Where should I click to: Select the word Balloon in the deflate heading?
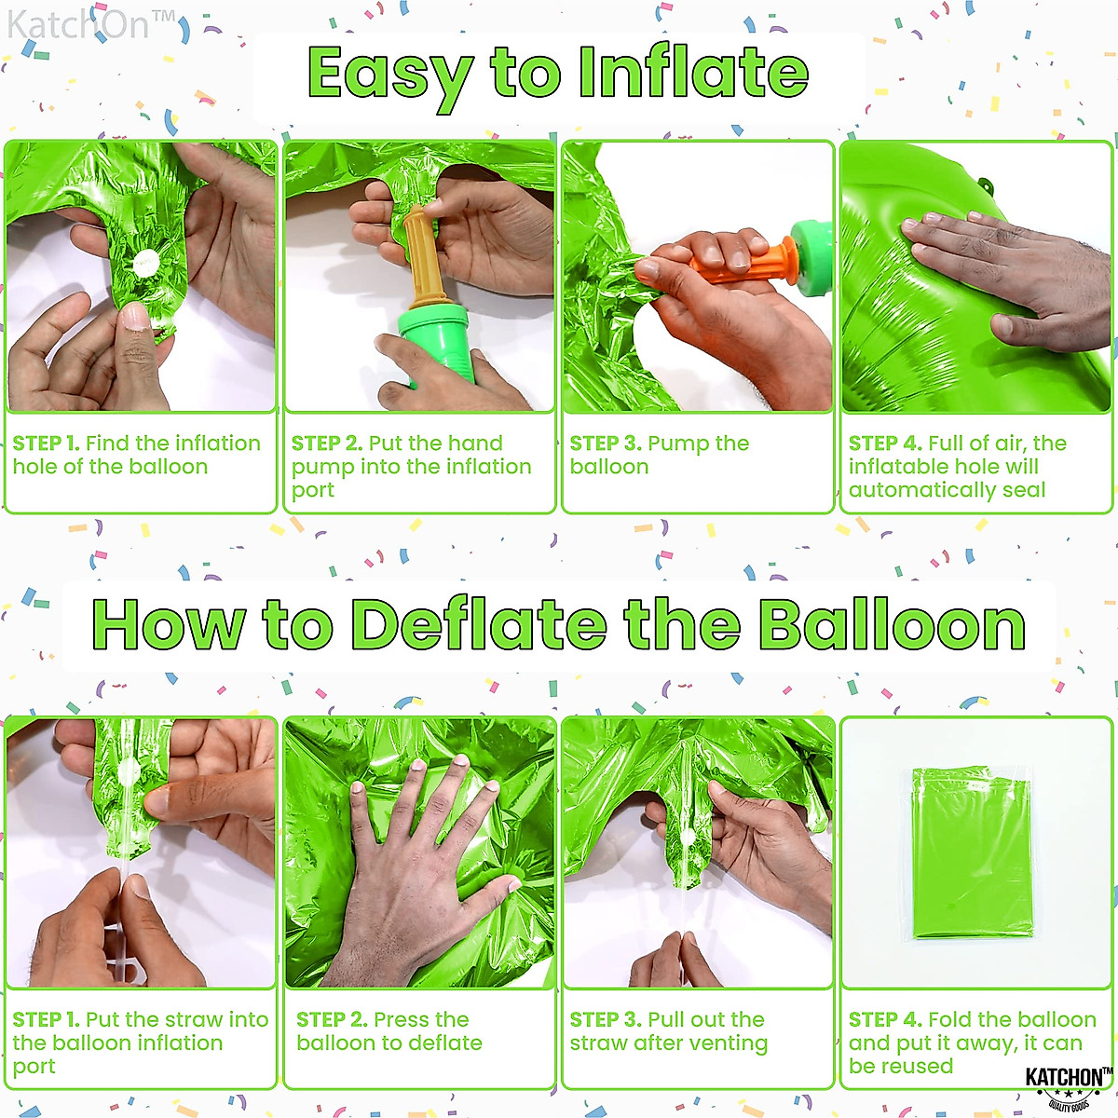click(x=892, y=624)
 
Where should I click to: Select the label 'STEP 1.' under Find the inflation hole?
click(x=46, y=443)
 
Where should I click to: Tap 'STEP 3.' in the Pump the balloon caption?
click(x=605, y=443)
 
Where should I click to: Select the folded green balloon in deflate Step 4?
click(x=972, y=852)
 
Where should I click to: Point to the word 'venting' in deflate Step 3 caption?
click(x=724, y=1043)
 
